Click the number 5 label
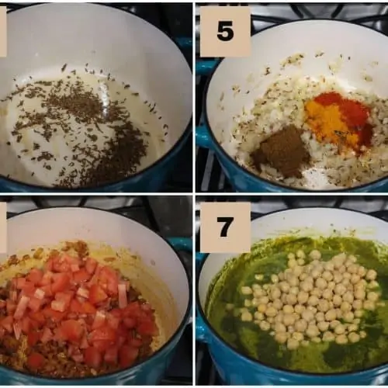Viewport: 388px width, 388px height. (x=225, y=31)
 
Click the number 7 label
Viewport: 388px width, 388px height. (x=225, y=227)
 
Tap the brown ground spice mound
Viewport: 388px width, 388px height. (x=281, y=152)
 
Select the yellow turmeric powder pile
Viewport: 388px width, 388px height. (x=328, y=122)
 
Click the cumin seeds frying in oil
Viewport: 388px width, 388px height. (x=85, y=126)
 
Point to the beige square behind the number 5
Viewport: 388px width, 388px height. (x=225, y=32)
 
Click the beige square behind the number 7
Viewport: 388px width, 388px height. (x=225, y=227)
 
